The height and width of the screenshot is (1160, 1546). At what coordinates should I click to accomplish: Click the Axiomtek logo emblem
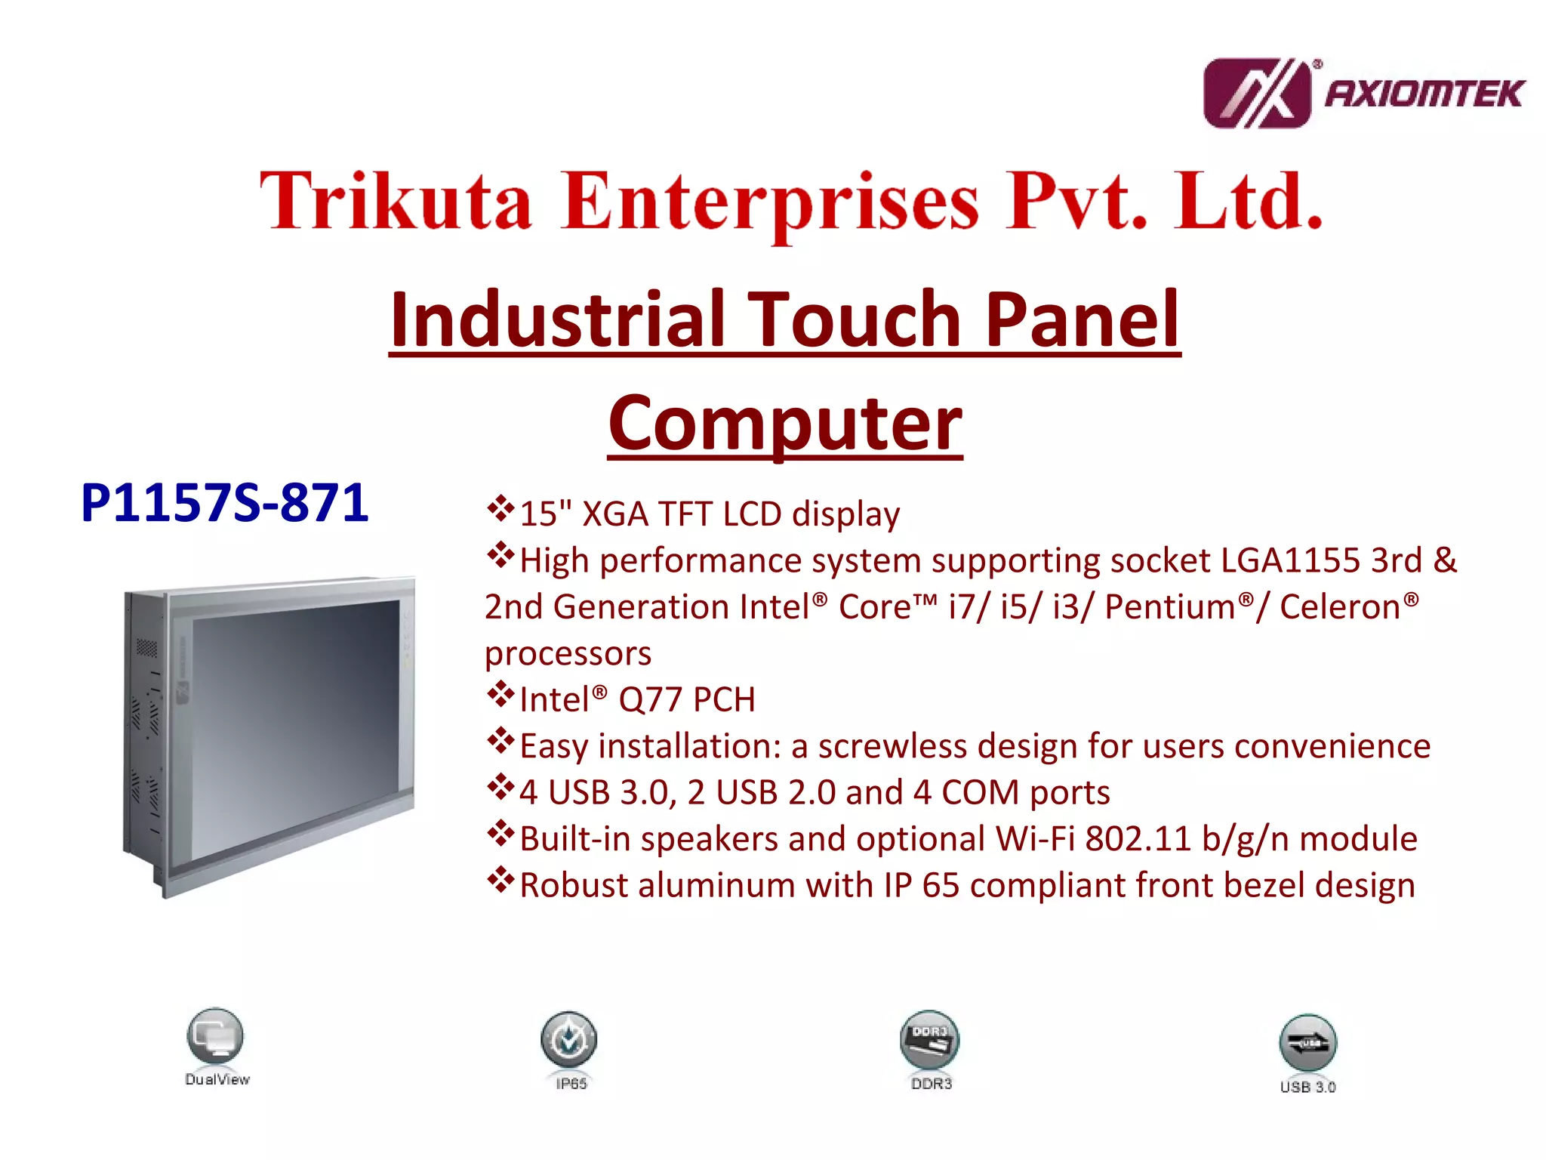[x=1256, y=94]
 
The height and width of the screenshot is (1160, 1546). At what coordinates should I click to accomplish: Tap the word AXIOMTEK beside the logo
[x=1424, y=94]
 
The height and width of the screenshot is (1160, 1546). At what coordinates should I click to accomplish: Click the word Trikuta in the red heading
[x=395, y=201]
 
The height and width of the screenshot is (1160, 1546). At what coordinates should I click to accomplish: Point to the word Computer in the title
[x=785, y=423]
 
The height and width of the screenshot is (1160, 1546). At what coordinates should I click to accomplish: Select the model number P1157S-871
[x=224, y=503]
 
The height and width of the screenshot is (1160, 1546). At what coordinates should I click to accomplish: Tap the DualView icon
[x=215, y=1036]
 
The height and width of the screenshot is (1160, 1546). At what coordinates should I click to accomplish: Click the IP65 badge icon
[x=568, y=1040]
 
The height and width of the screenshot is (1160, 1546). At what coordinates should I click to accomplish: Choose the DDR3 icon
[x=929, y=1040]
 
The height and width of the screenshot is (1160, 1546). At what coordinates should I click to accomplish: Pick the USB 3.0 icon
[x=1307, y=1043]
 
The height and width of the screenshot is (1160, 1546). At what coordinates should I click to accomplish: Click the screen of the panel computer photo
[x=294, y=725]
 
